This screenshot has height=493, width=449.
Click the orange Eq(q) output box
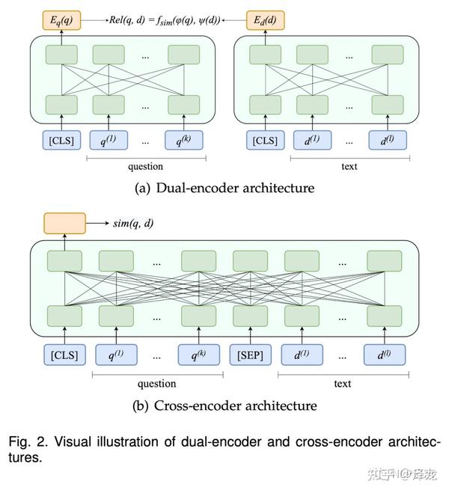(x=61, y=20)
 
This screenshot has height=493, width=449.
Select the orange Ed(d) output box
(x=266, y=20)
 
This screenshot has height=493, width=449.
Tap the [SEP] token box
(x=250, y=355)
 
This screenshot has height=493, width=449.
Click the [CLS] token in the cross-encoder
(x=64, y=355)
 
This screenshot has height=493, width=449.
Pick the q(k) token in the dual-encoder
(x=184, y=140)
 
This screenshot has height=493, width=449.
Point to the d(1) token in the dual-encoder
(x=312, y=140)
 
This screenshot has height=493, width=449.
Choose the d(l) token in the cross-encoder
(x=385, y=355)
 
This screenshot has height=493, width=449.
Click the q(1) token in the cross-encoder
(x=116, y=355)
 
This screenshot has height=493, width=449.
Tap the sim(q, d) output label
(x=133, y=224)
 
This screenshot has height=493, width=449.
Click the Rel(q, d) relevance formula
(x=165, y=21)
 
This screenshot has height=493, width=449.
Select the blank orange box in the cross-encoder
(x=64, y=224)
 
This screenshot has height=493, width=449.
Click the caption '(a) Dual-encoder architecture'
(x=224, y=188)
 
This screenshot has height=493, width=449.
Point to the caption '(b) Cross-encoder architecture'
(x=224, y=405)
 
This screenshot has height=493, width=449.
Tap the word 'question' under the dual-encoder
(x=146, y=166)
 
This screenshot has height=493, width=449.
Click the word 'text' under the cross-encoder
(x=343, y=384)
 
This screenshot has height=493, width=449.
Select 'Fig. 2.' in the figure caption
(x=28, y=442)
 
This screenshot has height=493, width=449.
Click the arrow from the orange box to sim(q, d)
(x=97, y=223)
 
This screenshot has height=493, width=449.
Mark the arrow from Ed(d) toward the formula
(x=233, y=20)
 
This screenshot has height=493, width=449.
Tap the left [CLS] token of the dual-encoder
(x=61, y=140)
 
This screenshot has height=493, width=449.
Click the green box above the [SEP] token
(x=250, y=316)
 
